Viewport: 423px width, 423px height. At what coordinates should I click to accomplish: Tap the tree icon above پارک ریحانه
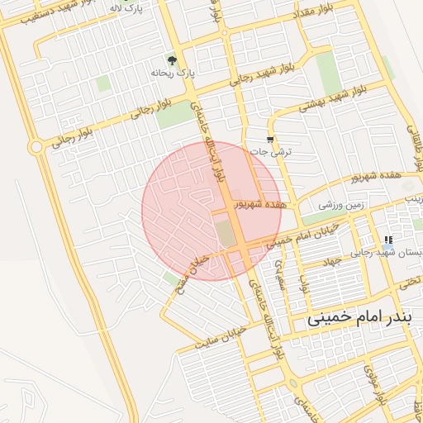172,60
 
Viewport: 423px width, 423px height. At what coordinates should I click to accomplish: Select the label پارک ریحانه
172,73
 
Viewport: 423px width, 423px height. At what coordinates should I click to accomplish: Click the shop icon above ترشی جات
271,139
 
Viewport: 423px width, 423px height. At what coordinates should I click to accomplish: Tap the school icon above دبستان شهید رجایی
387,240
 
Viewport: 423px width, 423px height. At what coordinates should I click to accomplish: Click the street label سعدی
283,271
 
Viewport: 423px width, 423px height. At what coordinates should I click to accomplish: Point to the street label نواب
304,286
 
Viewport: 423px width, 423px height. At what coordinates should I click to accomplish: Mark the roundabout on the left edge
36,148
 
